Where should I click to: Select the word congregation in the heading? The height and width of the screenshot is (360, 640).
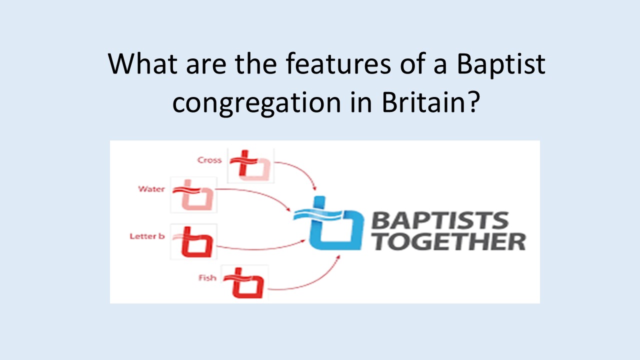click(x=257, y=103)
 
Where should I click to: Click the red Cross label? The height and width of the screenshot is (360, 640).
click(x=209, y=160)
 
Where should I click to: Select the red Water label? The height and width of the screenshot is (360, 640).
click(x=151, y=189)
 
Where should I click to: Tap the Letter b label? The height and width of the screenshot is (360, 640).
click(x=147, y=236)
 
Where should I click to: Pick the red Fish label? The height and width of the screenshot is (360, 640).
click(x=207, y=277)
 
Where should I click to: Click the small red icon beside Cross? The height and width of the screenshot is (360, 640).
click(x=250, y=165)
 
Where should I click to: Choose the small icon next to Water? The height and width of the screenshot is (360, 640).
click(x=193, y=195)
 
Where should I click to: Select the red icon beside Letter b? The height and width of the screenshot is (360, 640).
click(x=193, y=241)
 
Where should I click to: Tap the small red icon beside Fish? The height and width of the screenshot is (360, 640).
click(x=244, y=282)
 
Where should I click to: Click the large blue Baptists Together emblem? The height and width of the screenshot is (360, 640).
click(x=328, y=223)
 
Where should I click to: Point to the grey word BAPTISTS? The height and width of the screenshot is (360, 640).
click(x=440, y=220)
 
